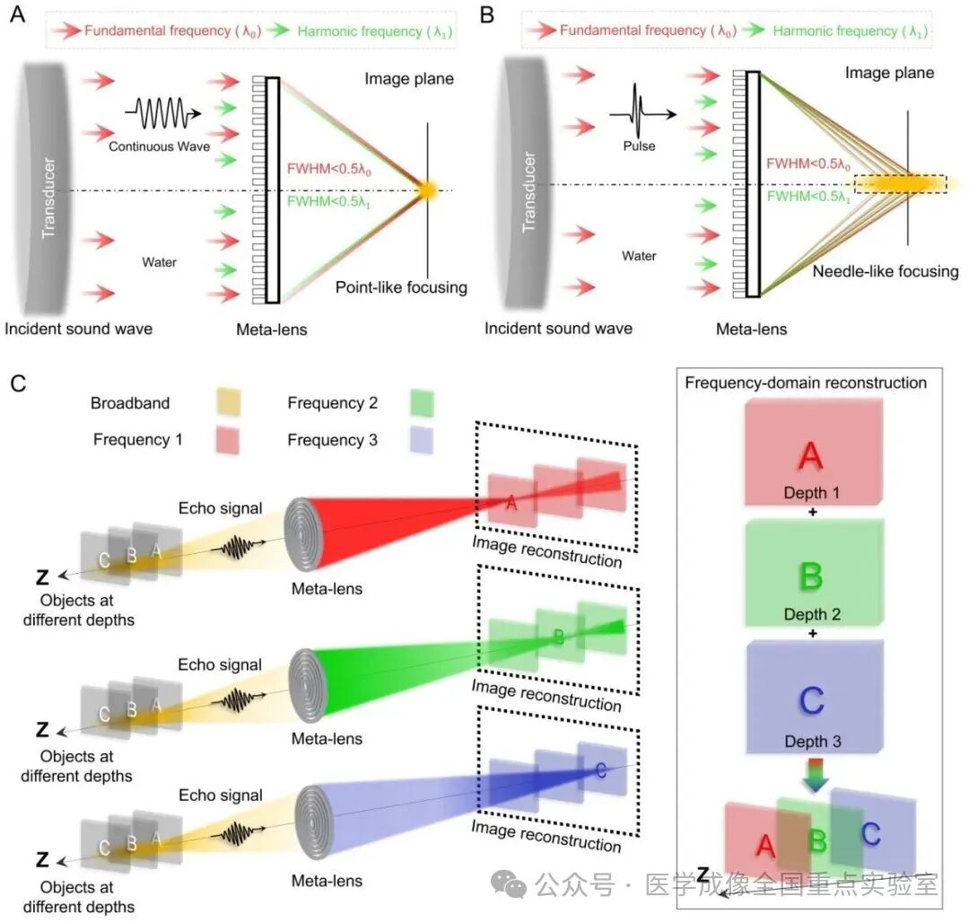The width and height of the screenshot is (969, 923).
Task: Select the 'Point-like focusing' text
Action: (401, 287)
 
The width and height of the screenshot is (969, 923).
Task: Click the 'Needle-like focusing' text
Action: (885, 271)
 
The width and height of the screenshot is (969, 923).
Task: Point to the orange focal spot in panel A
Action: (428, 189)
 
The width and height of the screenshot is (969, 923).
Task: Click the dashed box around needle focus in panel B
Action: (900, 183)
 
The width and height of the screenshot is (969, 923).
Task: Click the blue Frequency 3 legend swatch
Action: (420, 440)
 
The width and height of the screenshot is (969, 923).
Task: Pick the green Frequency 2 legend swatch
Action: (420, 403)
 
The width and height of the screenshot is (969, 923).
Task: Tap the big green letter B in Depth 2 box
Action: (810, 577)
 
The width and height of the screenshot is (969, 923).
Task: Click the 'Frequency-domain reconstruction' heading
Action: (805, 382)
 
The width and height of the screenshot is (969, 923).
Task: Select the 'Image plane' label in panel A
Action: (408, 79)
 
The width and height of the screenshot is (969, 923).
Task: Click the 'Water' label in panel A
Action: (159, 262)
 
